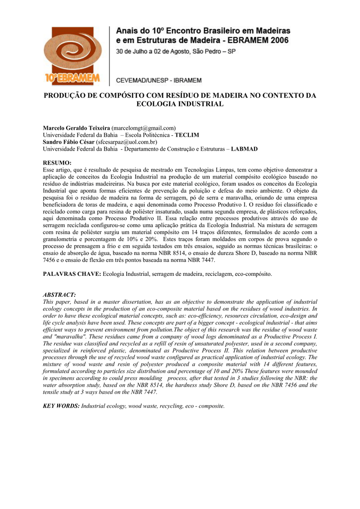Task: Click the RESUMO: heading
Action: [x=57, y=163]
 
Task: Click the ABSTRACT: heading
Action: [x=59, y=295]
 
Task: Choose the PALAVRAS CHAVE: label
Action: [x=72, y=274]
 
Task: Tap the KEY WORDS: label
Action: [x=61, y=406]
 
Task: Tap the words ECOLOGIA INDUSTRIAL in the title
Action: [x=180, y=104]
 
